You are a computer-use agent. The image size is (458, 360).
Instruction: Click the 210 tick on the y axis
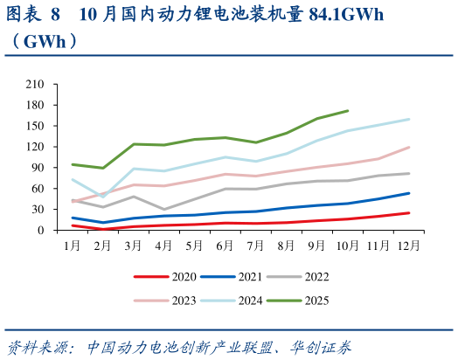[35, 84]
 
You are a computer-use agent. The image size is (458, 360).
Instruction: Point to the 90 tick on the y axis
[38, 168]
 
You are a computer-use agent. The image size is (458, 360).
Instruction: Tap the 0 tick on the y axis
[41, 231]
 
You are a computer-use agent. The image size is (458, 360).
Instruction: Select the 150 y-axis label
[35, 126]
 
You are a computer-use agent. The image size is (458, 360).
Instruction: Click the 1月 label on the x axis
[73, 246]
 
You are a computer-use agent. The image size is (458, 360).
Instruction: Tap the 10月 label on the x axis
[347, 246]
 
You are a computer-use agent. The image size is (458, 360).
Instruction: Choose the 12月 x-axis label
[408, 246]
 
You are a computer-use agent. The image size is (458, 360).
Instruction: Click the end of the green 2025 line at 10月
[348, 111]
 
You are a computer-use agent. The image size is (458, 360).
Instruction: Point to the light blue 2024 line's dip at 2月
[103, 197]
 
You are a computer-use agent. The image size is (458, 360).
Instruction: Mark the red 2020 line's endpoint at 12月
[409, 213]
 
